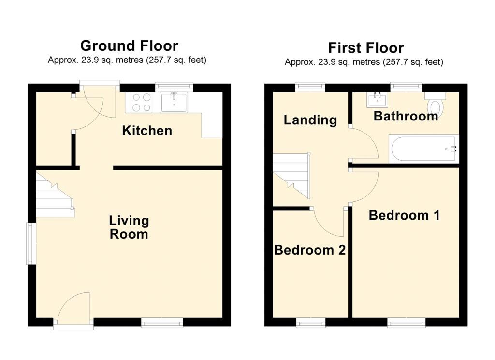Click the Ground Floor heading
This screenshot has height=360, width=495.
point(129,45)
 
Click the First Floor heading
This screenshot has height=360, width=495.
point(365,48)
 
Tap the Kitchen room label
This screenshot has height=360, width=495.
point(147,130)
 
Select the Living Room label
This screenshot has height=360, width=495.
point(129,227)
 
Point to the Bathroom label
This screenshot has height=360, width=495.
point(406,116)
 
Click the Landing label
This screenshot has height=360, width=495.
point(310,120)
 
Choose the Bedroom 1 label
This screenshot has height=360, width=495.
point(404,215)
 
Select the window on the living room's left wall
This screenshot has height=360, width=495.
point(31,243)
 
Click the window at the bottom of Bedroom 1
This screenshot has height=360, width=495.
point(406,322)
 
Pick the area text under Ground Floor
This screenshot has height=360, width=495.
point(127,60)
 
